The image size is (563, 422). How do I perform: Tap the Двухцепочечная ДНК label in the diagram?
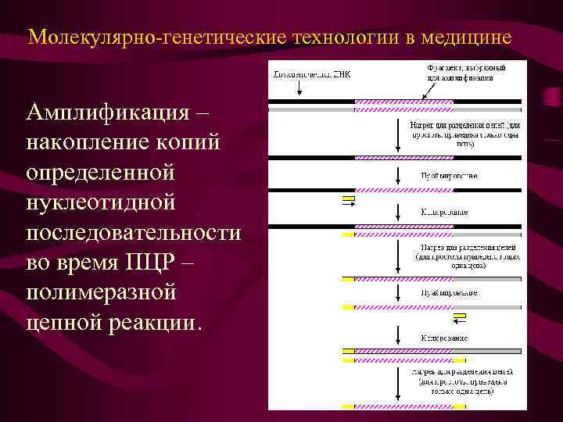tap(311, 75)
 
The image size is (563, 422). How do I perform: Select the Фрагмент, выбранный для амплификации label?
tap(466, 72)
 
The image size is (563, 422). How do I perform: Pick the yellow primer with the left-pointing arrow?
tap(460, 316)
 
